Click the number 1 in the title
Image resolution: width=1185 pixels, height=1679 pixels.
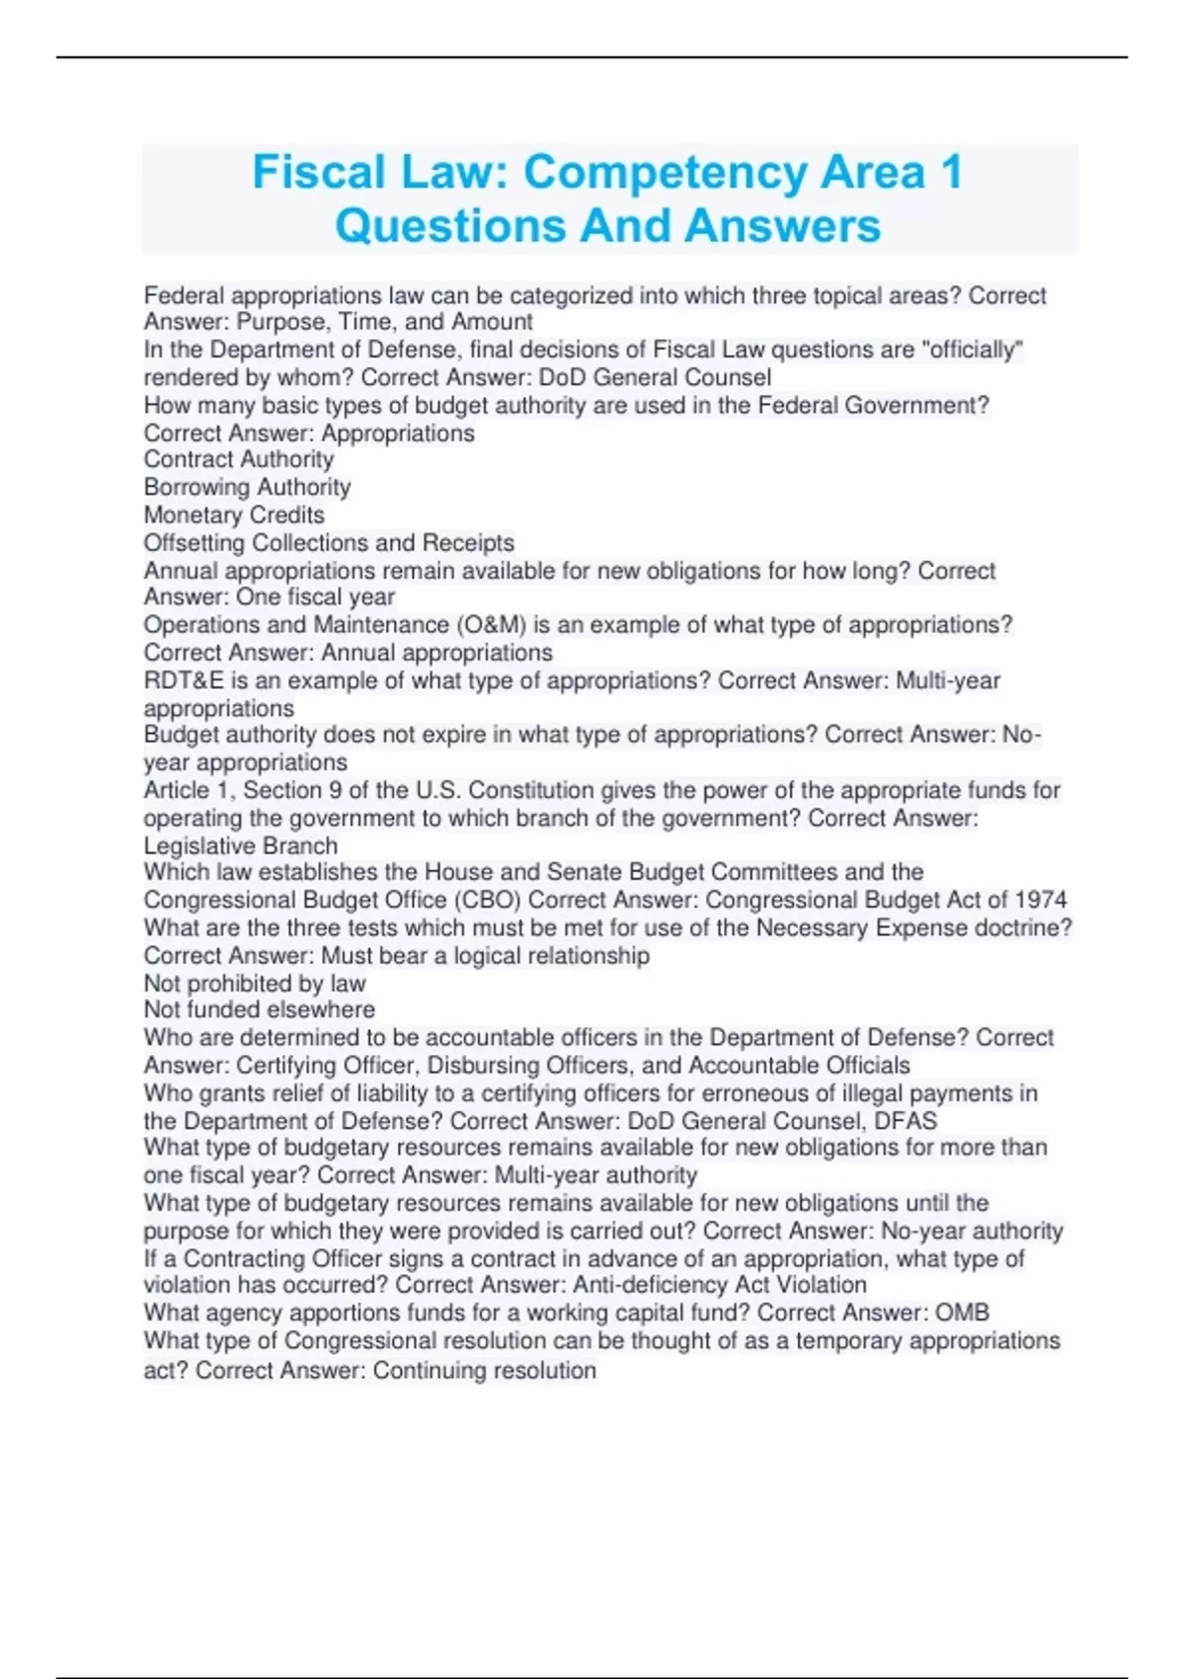coord(951,172)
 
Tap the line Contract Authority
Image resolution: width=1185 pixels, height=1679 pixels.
coord(239,459)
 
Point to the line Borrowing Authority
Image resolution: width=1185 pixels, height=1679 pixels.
coord(247,487)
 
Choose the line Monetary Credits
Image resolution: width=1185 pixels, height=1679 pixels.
coord(234,515)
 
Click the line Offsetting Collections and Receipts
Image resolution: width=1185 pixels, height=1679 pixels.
coord(329,542)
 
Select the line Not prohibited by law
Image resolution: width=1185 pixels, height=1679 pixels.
coord(255,984)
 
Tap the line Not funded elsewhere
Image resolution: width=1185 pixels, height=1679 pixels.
coord(259,1009)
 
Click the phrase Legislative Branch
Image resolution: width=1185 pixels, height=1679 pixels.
coord(241,846)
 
